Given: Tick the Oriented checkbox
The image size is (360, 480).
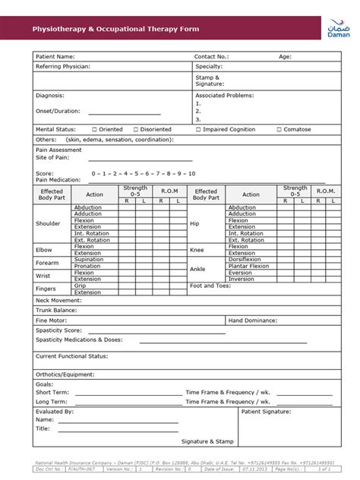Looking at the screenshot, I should point(94,130).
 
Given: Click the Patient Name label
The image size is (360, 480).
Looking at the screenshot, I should point(55,56).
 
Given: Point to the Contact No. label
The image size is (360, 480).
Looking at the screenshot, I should point(211,56).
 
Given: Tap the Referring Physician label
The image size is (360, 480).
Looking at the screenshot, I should point(63,67).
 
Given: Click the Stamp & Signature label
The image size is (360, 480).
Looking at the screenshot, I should point(208,81).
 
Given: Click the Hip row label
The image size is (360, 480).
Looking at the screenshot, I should point(194,224).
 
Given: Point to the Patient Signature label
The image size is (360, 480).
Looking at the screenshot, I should point(266,411).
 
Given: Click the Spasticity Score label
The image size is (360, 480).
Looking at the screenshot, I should point(58,330).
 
